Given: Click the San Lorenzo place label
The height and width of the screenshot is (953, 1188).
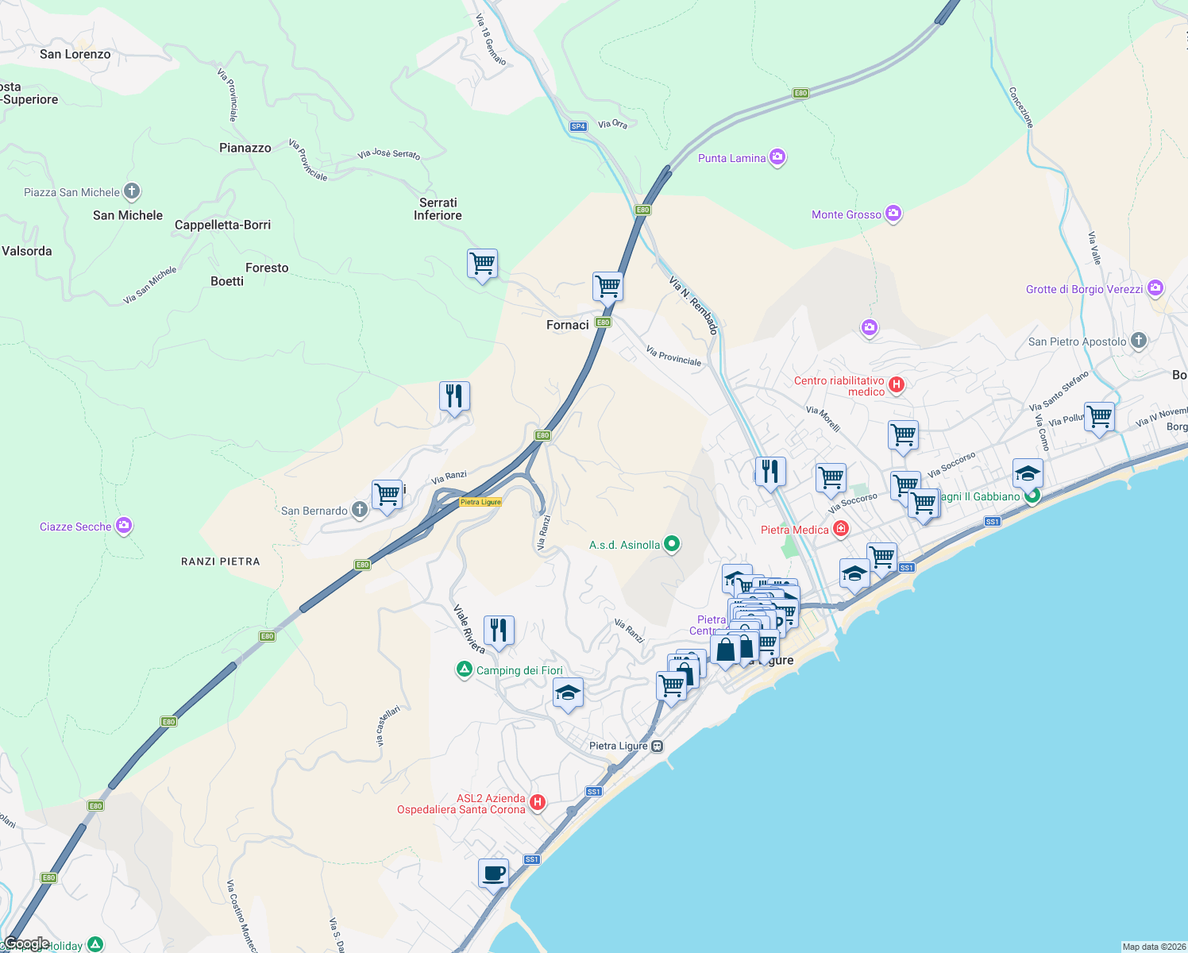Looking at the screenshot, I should [x=75, y=54].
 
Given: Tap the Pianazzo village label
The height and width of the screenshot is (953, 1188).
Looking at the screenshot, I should [x=245, y=148].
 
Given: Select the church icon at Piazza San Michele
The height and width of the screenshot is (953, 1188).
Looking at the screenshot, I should [x=132, y=191].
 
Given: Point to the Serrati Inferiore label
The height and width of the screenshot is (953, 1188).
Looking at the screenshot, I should [x=438, y=209].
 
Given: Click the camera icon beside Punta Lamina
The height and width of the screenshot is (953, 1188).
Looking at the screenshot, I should [x=777, y=157].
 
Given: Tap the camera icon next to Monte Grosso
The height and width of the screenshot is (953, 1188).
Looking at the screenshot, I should [x=893, y=214].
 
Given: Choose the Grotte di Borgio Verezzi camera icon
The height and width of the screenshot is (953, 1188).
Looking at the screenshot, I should [x=1155, y=288].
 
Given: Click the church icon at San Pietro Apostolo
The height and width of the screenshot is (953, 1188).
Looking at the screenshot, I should [x=1139, y=341].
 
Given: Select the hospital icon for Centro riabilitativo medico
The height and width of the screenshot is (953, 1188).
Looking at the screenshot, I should [x=897, y=385].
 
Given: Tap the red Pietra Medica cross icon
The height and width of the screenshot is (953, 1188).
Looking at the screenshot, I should [x=841, y=529].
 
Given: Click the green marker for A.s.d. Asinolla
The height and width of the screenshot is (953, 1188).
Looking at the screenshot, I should [x=672, y=544].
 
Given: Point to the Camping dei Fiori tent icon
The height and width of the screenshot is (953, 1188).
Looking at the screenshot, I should [x=464, y=669].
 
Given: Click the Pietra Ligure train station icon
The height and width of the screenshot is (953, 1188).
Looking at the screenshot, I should [x=658, y=746].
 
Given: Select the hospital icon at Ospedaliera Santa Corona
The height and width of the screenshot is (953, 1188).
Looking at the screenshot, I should [x=538, y=803].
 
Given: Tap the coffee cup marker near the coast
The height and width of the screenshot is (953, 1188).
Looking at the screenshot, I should [x=493, y=874].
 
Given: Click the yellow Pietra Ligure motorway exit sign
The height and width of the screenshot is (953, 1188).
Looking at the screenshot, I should [x=480, y=502].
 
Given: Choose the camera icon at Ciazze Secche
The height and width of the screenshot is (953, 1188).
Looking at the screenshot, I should [x=123, y=526].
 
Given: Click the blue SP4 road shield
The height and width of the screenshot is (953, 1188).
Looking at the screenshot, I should [x=578, y=126].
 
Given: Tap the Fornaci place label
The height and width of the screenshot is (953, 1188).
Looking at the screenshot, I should [x=568, y=325].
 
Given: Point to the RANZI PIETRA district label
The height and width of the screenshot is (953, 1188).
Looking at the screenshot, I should [x=220, y=561].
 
